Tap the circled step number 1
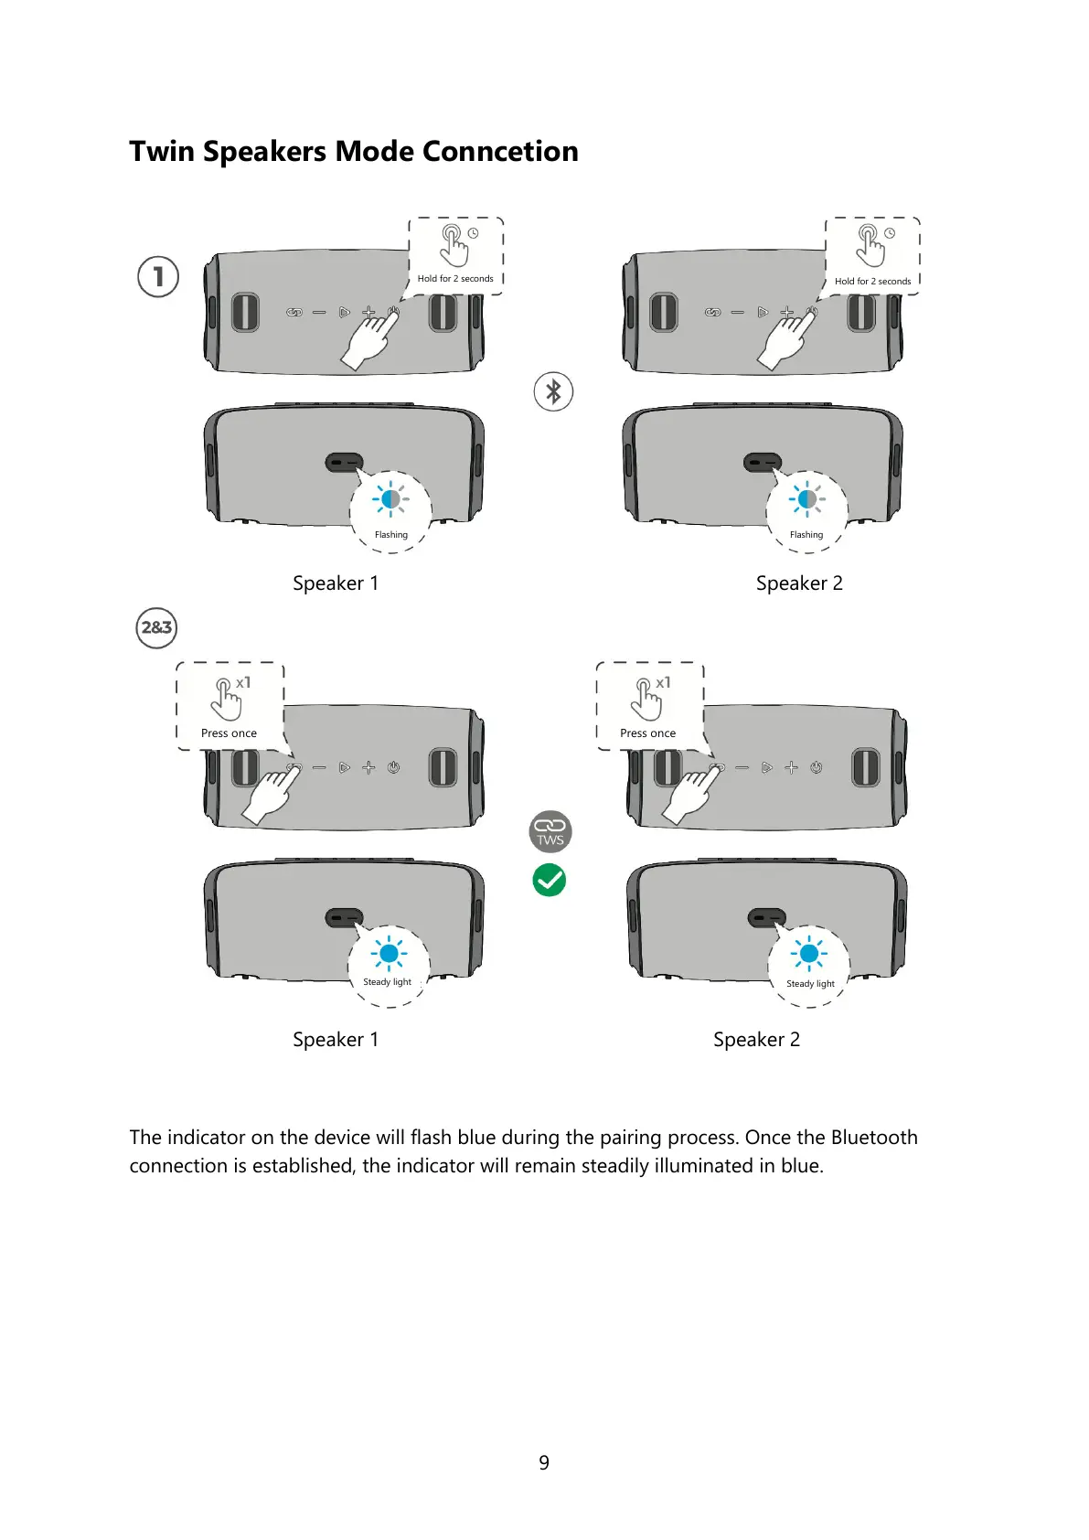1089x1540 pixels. tap(158, 276)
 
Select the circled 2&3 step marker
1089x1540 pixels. tap(156, 627)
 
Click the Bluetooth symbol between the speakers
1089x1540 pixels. tap(553, 391)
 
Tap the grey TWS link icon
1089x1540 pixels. tap(550, 831)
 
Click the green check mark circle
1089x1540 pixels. tap(550, 880)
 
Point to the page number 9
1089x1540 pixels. tap(544, 1463)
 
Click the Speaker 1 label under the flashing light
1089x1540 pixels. tap(335, 583)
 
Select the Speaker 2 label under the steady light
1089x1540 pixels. tap(756, 1040)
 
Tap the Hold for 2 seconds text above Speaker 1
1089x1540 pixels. tap(455, 279)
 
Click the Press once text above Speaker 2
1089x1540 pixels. tap(647, 733)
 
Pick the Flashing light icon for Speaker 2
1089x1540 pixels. tap(806, 499)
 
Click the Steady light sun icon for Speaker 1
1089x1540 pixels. tap(389, 954)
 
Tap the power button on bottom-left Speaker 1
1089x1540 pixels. tap(393, 768)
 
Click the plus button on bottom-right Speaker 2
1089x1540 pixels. tap(792, 768)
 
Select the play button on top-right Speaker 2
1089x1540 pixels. tap(763, 313)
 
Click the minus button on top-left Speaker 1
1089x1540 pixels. tap(319, 313)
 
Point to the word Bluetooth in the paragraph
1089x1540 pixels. tap(874, 1138)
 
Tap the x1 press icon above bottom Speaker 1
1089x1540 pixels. tap(229, 697)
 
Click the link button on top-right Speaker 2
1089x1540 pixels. tap(712, 313)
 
